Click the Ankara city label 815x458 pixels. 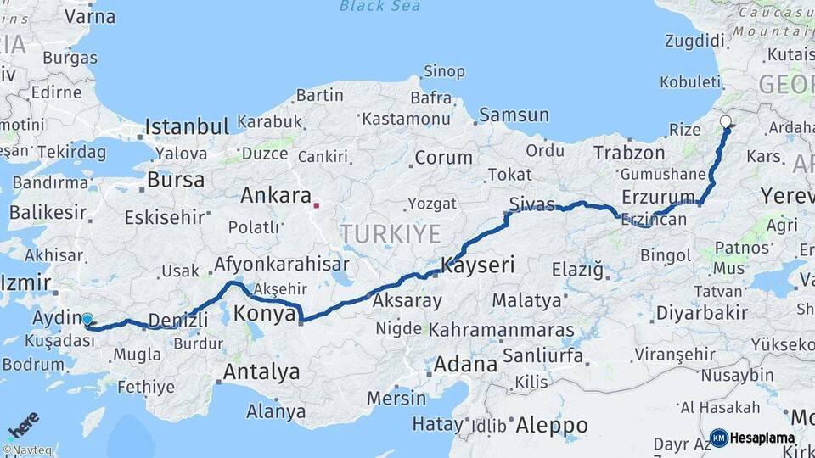click(276, 195)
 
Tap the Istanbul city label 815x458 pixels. click(187, 127)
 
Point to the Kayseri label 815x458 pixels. click(477, 265)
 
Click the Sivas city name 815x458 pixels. click(532, 204)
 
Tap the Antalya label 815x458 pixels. click(261, 371)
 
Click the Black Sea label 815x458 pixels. click(380, 7)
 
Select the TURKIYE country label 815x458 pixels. click(391, 233)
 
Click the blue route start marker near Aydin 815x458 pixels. click(87, 320)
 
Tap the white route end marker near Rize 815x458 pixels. click(726, 121)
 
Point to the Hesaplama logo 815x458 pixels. click(752, 438)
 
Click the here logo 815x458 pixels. click(23, 422)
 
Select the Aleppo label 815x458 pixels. click(552, 425)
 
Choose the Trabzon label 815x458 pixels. click(629, 154)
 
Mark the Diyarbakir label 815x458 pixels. click(701, 313)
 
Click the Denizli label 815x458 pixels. click(178, 320)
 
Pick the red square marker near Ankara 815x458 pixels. click(317, 204)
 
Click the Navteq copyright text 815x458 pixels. click(25, 450)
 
